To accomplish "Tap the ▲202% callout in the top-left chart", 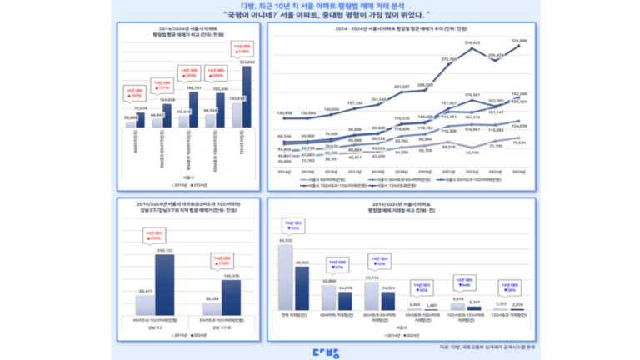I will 185,72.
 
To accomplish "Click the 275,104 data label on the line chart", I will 448,59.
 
